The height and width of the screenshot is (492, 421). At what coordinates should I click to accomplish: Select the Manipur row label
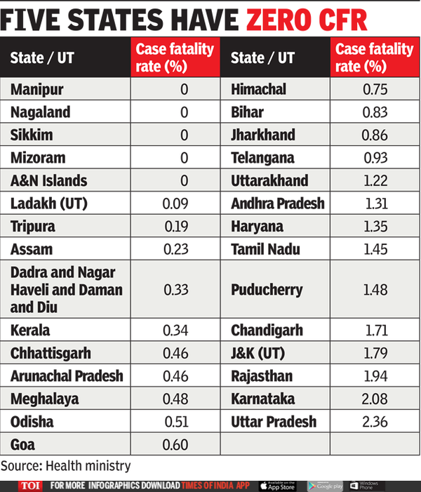coord(36,89)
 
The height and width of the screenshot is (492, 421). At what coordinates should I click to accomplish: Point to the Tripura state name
coord(33,227)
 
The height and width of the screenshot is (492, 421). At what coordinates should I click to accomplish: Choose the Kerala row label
coord(31,329)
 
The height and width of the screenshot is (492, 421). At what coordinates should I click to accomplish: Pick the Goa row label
coord(23,444)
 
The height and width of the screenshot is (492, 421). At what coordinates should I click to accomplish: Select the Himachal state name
coord(259,89)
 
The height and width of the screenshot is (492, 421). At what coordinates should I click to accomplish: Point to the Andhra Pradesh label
coord(278,204)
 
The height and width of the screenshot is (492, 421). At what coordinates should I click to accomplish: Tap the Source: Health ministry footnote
coord(66,465)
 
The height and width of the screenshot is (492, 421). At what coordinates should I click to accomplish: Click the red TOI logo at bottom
coord(29,485)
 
